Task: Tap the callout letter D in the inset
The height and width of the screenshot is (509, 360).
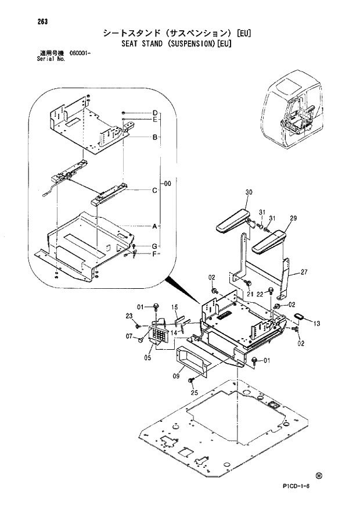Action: pos(156,112)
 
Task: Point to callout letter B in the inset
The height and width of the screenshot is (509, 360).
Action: pos(156,138)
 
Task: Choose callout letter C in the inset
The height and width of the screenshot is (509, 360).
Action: pos(156,190)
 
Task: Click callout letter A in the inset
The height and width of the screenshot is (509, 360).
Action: pos(156,225)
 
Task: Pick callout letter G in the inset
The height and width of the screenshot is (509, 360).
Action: pos(156,247)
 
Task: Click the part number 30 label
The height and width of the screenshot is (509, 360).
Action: pos(249,192)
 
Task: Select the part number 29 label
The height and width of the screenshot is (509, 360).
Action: pos(293,218)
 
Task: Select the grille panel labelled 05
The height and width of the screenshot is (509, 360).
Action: pos(160,334)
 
